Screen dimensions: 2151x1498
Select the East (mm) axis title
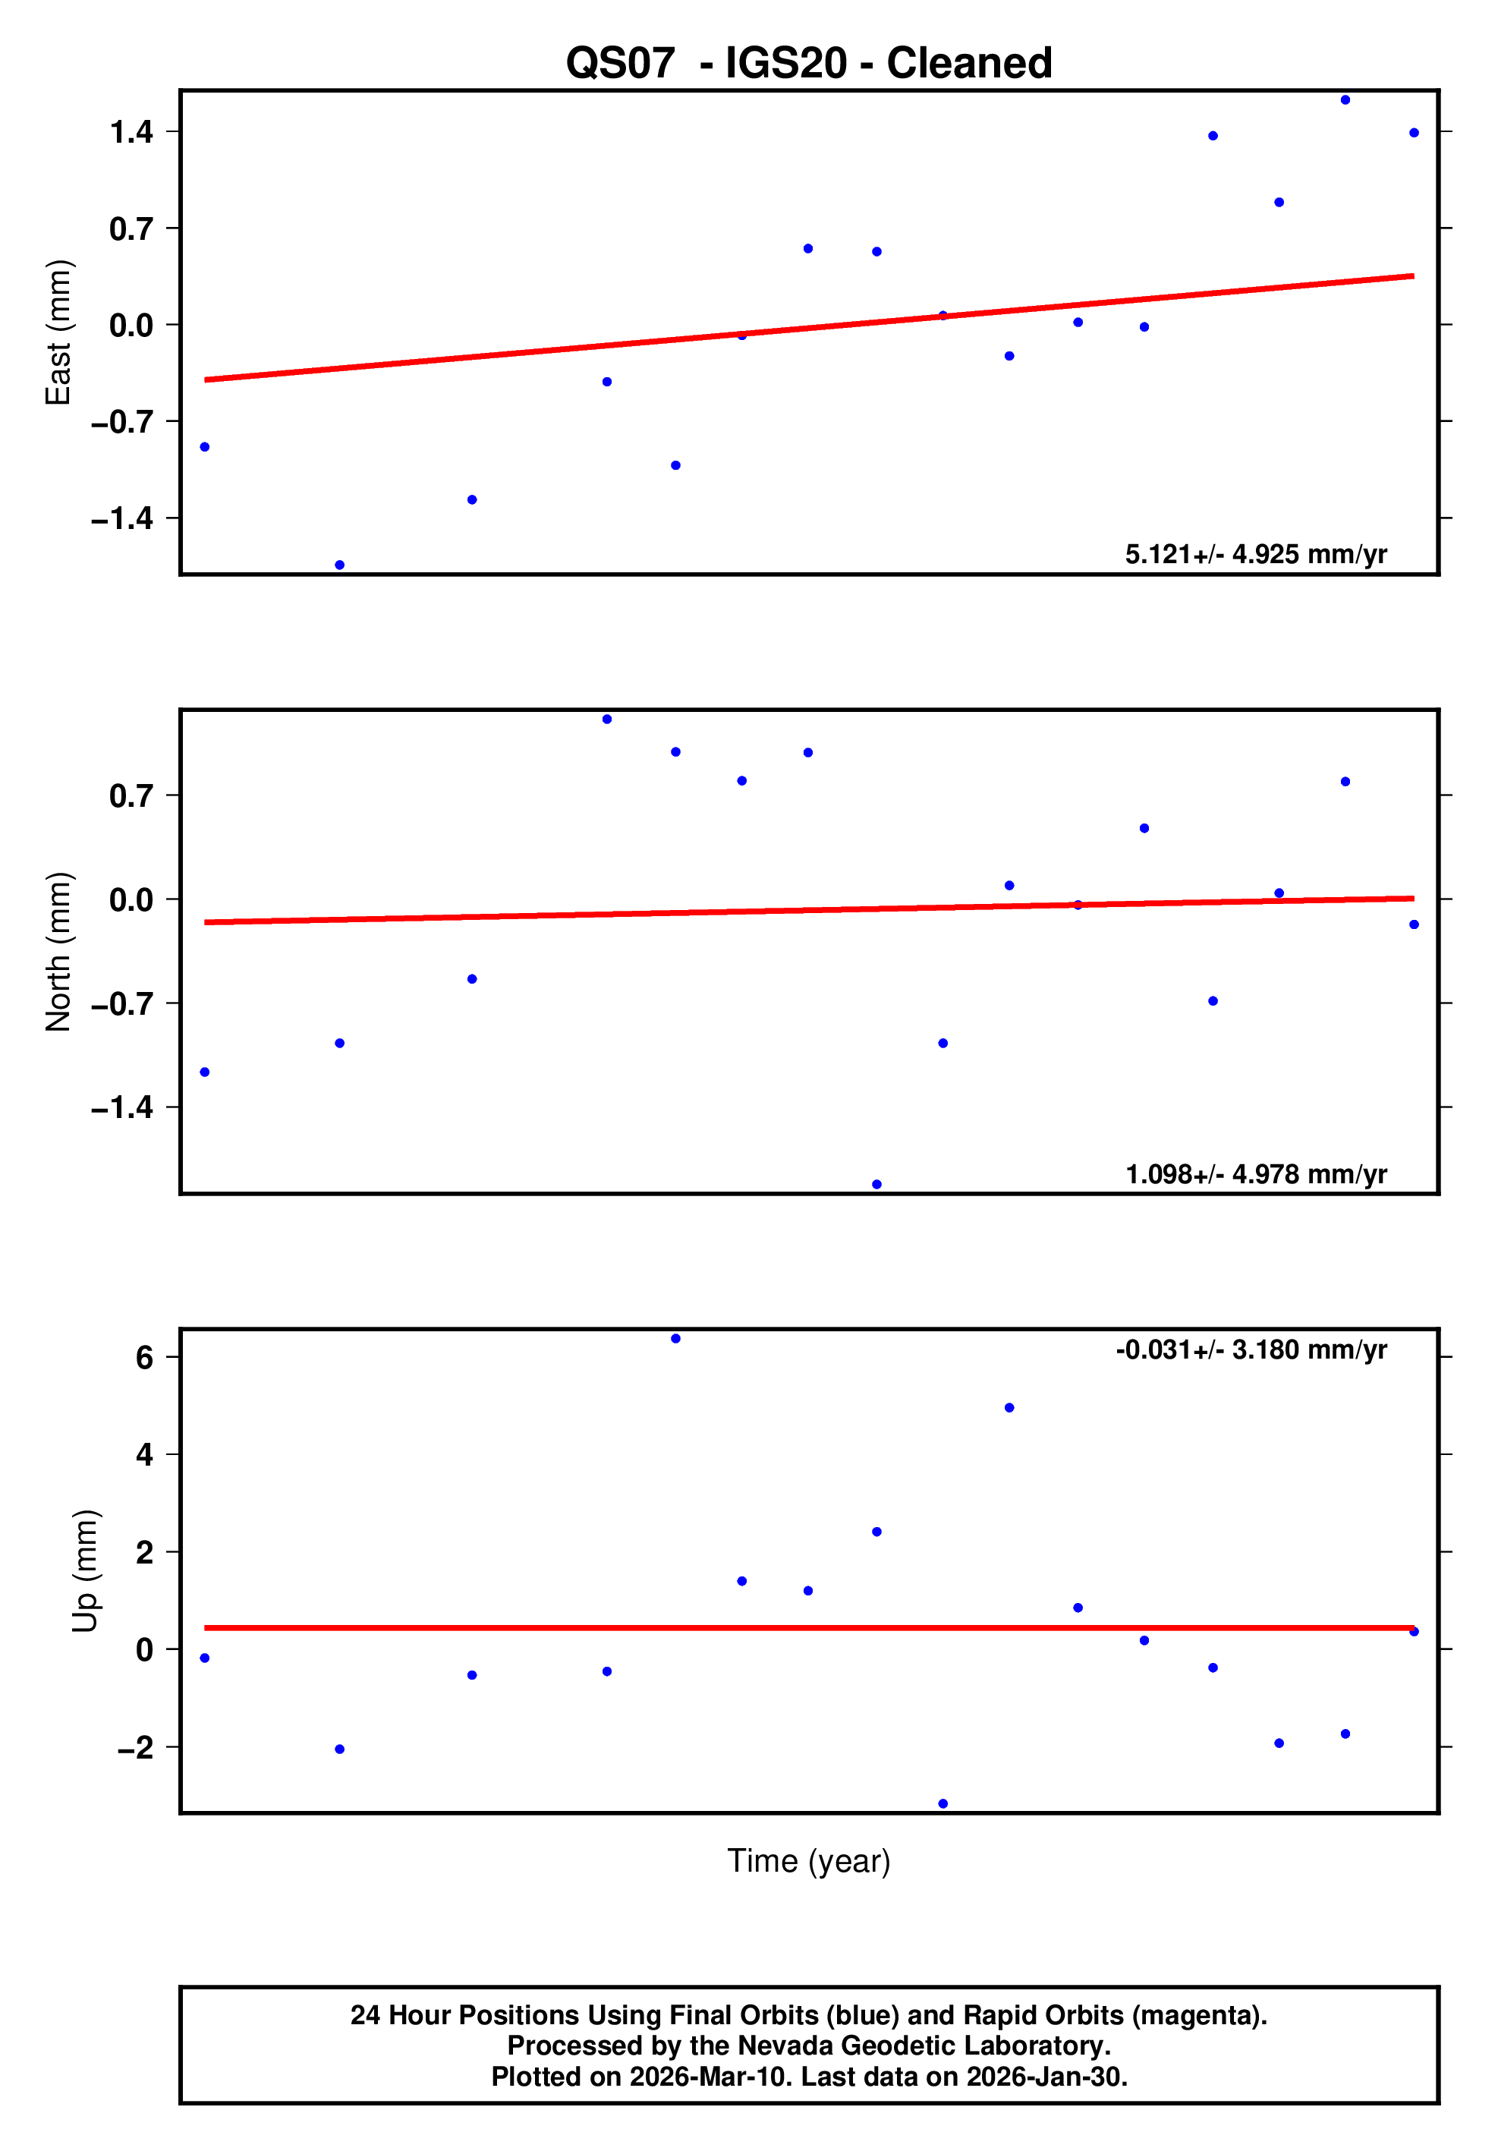coord(59,332)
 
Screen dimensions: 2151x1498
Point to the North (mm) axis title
coord(59,952)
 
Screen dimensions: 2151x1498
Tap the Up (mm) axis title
coord(85,1571)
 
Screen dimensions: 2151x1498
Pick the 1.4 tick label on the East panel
coord(131,132)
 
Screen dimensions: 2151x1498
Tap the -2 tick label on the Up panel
coord(135,1747)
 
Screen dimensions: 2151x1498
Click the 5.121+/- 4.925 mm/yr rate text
coord(1255,555)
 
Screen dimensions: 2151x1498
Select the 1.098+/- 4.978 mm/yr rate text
coord(1255,1174)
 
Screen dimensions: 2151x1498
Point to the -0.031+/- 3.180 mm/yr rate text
coord(1251,1350)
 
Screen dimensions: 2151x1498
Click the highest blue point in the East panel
coord(1345,100)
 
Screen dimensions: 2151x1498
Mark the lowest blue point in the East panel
coord(340,565)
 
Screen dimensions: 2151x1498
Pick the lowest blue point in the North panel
coord(877,1184)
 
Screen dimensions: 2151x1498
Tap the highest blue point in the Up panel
coord(675,1339)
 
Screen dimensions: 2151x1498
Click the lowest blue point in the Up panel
coord(943,1803)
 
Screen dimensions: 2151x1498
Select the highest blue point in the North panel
coord(607,720)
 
